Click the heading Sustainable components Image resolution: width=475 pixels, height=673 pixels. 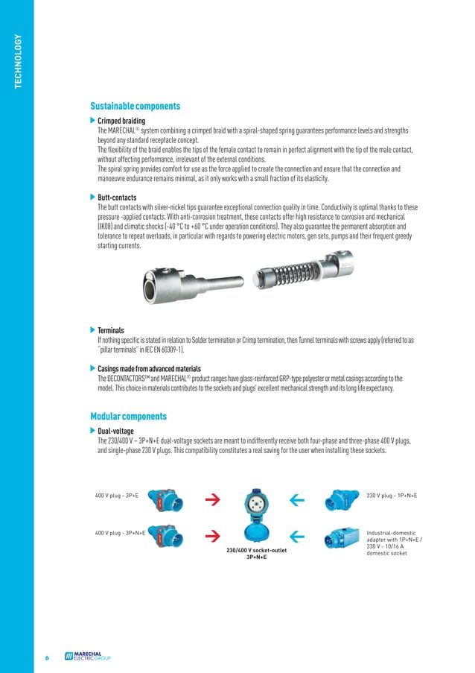pyautogui.click(x=135, y=107)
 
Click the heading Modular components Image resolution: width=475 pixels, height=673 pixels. pyautogui.click(x=128, y=416)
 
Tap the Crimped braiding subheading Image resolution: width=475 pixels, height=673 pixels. pyautogui.click(x=121, y=121)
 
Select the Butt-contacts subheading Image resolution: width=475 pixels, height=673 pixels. pyautogui.click(x=118, y=198)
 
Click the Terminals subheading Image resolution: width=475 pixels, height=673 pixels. pyautogui.click(x=111, y=330)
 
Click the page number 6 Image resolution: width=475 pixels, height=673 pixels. pyautogui.click(x=45, y=658)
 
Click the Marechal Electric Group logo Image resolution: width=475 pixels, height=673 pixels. pyautogui.click(x=87, y=657)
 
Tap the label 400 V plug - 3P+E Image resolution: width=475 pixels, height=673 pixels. pyautogui.click(x=117, y=496)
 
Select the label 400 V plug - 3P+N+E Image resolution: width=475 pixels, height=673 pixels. pyautogui.click(x=120, y=534)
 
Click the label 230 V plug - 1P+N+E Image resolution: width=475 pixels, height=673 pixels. pyautogui.click(x=392, y=496)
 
